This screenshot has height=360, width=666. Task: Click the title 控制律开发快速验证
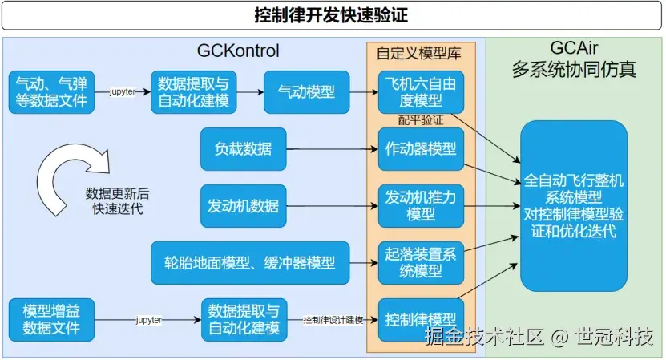click(x=333, y=15)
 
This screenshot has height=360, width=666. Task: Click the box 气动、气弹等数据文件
click(x=51, y=91)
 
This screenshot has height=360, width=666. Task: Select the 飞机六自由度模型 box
click(x=420, y=91)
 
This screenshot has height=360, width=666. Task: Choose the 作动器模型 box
click(x=420, y=148)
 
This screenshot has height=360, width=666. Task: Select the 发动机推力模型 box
click(x=420, y=205)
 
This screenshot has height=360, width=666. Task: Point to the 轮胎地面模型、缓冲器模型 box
click(x=249, y=262)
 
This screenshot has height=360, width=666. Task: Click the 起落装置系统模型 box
click(x=420, y=262)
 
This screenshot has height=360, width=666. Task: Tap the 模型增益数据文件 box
click(x=51, y=319)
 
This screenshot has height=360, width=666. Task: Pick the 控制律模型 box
click(x=420, y=319)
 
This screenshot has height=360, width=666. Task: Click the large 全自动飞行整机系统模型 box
click(x=573, y=204)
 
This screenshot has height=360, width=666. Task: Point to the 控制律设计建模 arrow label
click(x=333, y=320)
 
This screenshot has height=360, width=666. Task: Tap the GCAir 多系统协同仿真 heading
click(x=574, y=60)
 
